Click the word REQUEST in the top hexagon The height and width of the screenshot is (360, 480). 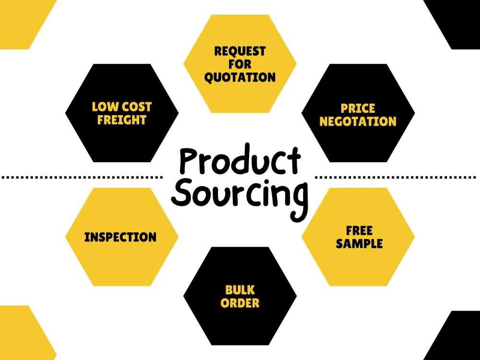coord(240,51)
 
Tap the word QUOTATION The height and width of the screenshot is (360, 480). coord(240,77)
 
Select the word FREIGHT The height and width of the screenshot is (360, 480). coord(121,120)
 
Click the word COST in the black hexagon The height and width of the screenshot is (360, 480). coord(136,107)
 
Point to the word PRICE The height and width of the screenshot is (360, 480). coord(358,108)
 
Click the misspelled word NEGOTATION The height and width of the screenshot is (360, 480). coord(358,121)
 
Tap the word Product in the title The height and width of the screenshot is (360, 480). coord(240,161)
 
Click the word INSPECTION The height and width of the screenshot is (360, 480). coord(120,237)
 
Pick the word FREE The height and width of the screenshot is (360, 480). coord(359,230)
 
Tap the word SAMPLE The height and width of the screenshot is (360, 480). coord(359,244)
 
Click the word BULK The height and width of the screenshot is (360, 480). coord(240,290)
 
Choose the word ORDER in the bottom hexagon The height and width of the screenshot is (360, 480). coord(240,303)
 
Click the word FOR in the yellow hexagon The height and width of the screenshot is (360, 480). coord(240,64)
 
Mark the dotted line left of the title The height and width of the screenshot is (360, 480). coord(82,177)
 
